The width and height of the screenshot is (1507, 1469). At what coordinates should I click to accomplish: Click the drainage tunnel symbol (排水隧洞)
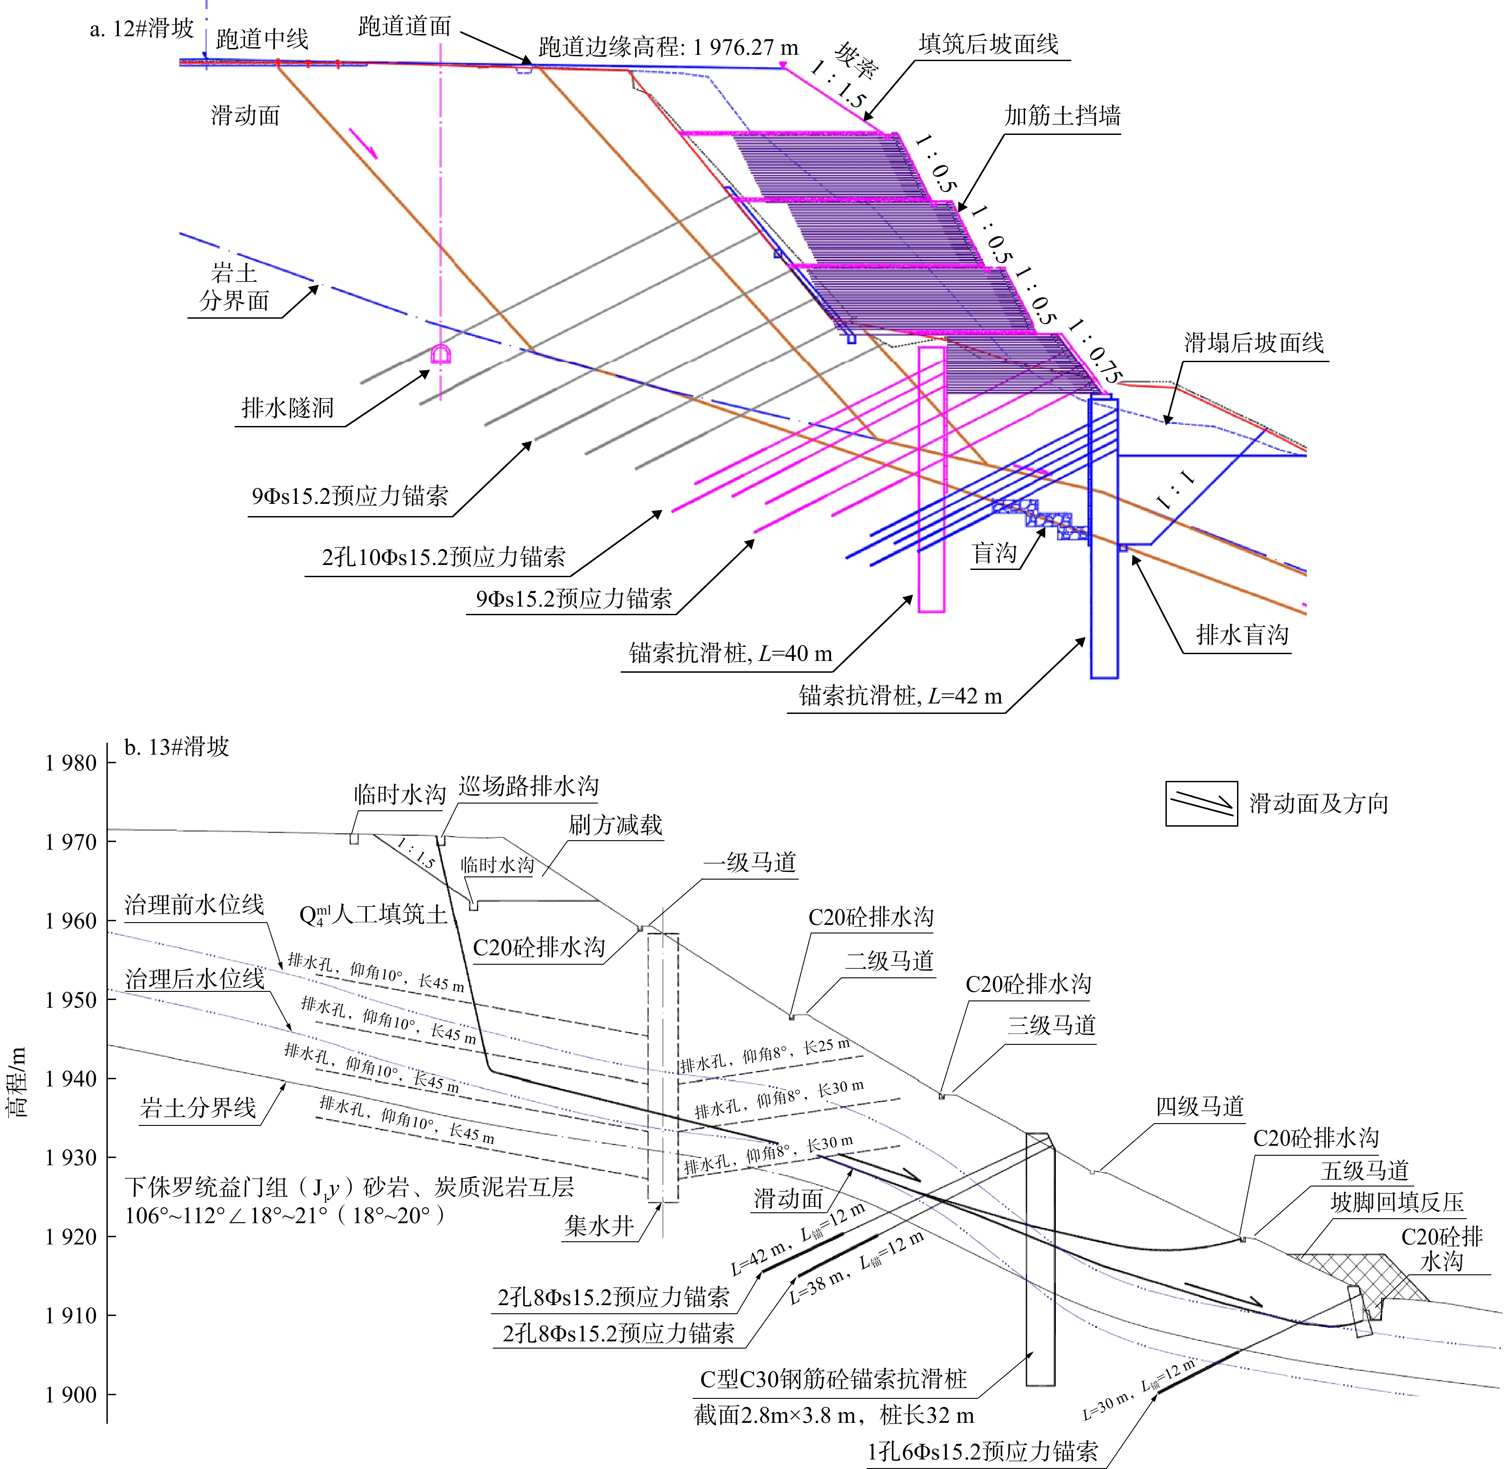(441, 354)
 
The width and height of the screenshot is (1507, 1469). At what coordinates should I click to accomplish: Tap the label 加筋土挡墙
(1062, 116)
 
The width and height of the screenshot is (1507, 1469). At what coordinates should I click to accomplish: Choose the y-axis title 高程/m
(16, 1081)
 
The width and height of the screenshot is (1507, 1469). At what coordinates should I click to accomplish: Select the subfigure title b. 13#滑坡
(177, 747)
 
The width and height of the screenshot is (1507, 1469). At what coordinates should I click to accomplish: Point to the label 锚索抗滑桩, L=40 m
(730, 654)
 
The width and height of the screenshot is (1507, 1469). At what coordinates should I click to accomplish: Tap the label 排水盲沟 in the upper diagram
(1242, 635)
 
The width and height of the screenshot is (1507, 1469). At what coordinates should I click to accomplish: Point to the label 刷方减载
(615, 825)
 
